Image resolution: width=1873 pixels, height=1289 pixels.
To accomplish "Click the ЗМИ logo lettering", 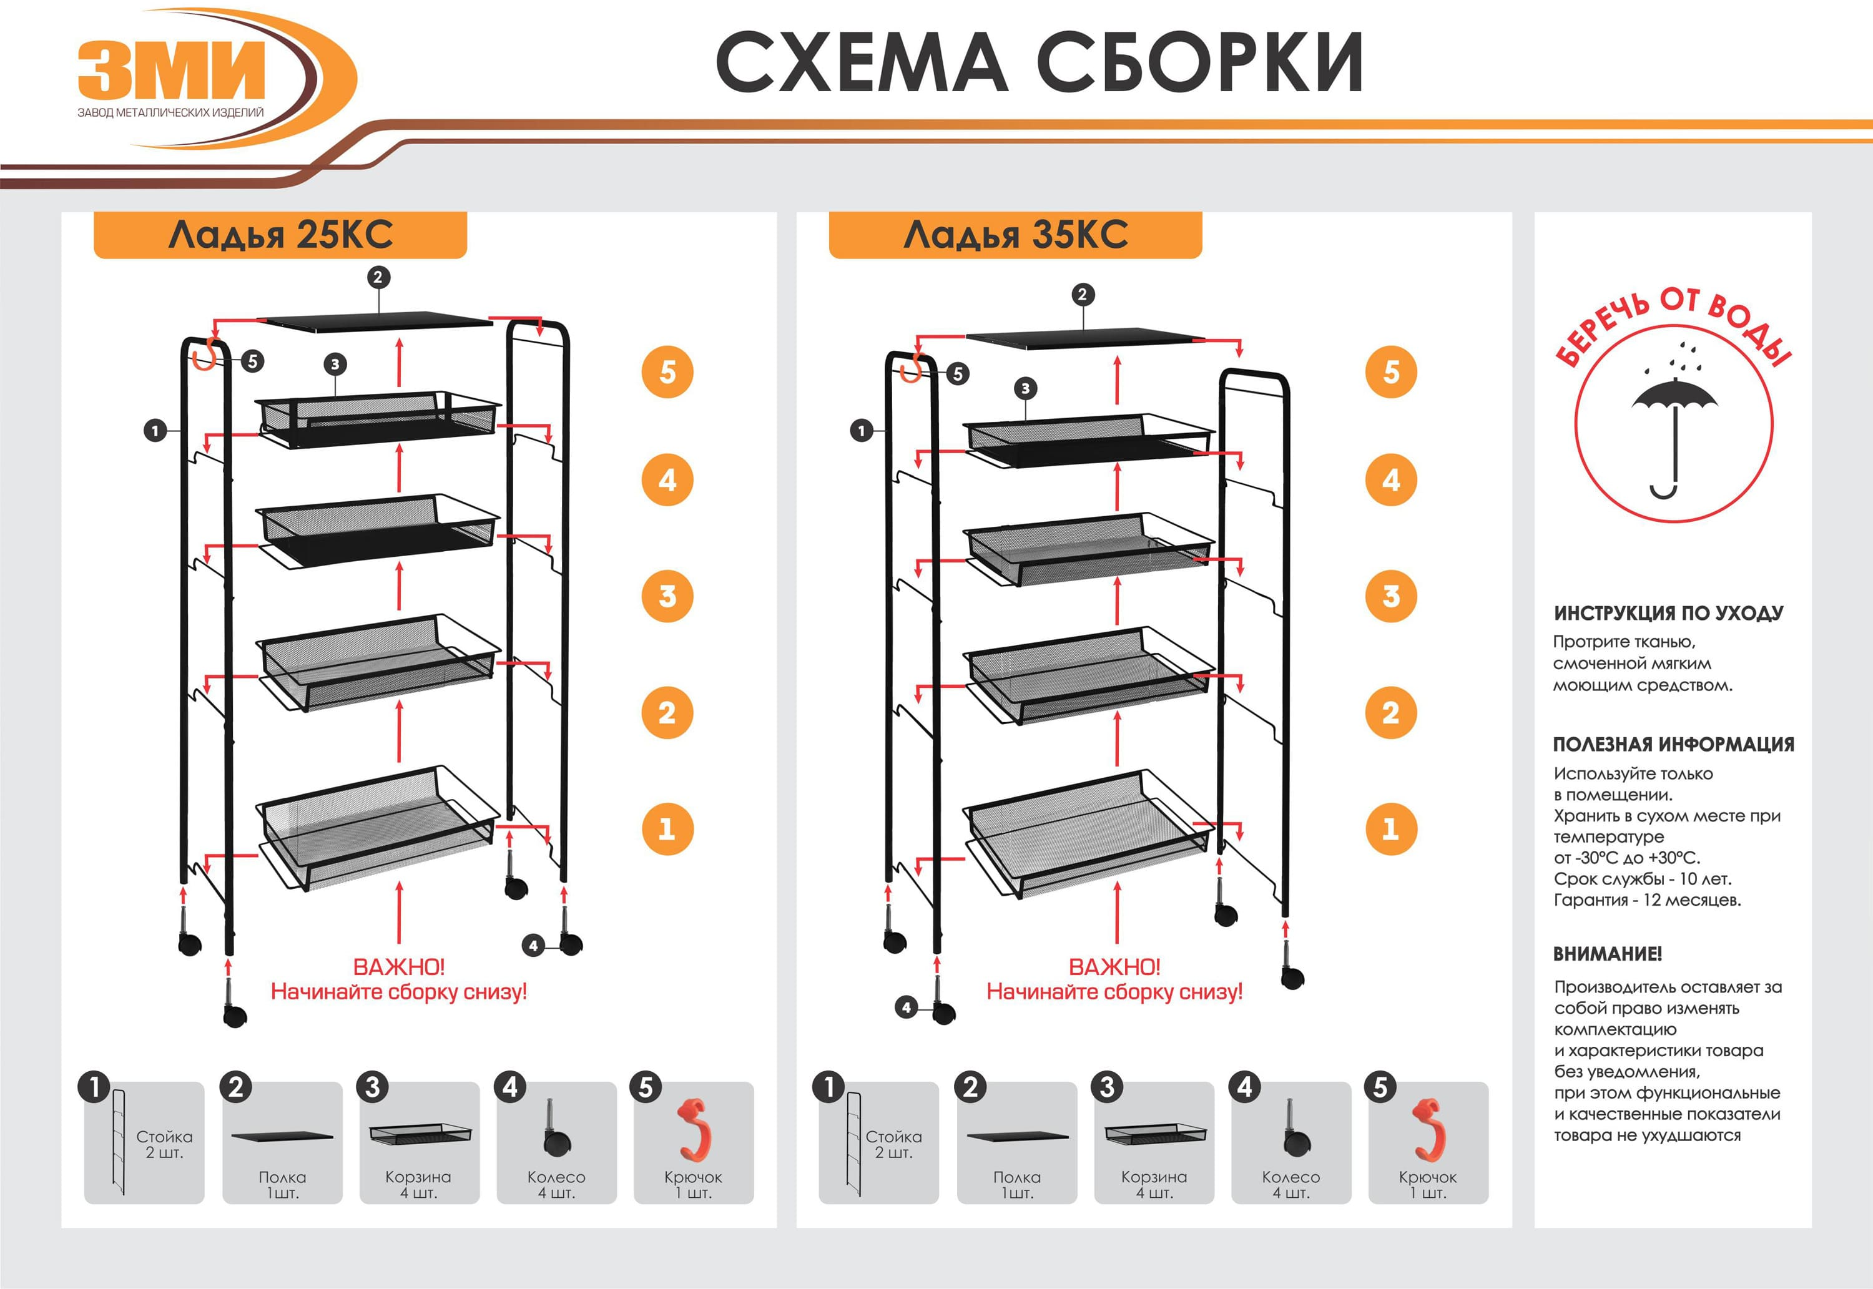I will [x=171, y=71].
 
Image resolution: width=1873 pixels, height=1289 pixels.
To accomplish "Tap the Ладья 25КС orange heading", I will [x=280, y=235].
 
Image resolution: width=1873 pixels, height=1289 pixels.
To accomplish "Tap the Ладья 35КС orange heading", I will [x=1015, y=235].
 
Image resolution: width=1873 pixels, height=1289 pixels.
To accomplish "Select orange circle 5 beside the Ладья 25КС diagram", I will [x=667, y=372].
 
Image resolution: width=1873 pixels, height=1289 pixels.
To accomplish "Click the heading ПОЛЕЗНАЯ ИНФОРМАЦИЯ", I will [x=1673, y=745].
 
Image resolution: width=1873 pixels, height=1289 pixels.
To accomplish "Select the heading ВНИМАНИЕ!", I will [x=1607, y=954].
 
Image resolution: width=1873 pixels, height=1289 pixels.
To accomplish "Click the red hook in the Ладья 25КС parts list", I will [x=693, y=1129].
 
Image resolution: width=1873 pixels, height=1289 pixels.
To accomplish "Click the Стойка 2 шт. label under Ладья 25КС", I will [x=164, y=1144].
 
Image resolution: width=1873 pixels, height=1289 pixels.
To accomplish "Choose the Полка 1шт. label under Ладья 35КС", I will [x=1017, y=1185].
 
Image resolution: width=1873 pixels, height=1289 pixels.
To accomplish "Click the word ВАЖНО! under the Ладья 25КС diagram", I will [x=398, y=967].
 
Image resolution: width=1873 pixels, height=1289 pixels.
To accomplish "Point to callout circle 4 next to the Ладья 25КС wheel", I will [x=533, y=945].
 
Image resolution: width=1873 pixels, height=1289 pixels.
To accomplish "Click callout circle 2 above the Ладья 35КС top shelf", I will [x=1083, y=295].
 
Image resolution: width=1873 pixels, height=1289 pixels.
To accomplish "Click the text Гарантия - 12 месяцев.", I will [x=1647, y=899].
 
